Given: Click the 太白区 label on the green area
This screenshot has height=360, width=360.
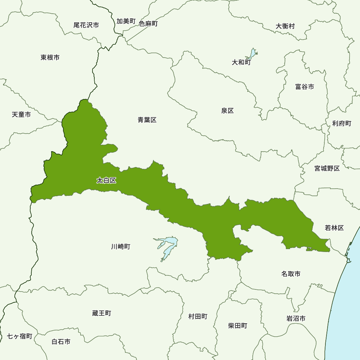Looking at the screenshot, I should click(107, 180).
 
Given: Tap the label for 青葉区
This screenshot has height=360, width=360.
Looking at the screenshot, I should click(147, 120).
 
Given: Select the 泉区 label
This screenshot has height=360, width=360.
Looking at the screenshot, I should click(228, 111).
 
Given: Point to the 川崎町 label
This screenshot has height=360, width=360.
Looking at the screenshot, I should click(121, 247).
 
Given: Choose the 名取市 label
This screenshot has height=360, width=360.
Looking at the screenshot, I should click(291, 274).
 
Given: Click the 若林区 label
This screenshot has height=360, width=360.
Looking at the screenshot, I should click(334, 228).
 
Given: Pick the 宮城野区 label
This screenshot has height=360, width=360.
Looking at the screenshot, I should click(327, 168).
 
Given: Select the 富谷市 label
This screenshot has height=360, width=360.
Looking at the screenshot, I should click(304, 87).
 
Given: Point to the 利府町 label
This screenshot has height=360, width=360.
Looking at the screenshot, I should click(342, 123).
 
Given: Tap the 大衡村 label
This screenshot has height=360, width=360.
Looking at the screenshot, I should click(285, 26).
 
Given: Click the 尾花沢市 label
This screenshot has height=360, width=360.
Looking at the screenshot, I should click(86, 25).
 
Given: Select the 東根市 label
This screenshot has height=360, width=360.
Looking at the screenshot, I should click(50, 57).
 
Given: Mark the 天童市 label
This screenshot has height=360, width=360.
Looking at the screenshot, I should click(21, 114).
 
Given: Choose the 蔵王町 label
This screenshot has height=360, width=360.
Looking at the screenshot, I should click(102, 313).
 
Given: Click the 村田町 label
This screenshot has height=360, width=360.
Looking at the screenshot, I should click(198, 316).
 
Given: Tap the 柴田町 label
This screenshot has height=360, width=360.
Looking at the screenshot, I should click(238, 325).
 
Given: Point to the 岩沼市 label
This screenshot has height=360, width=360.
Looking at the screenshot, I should click(296, 318).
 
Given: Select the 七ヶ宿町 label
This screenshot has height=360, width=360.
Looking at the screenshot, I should click(20, 336).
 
